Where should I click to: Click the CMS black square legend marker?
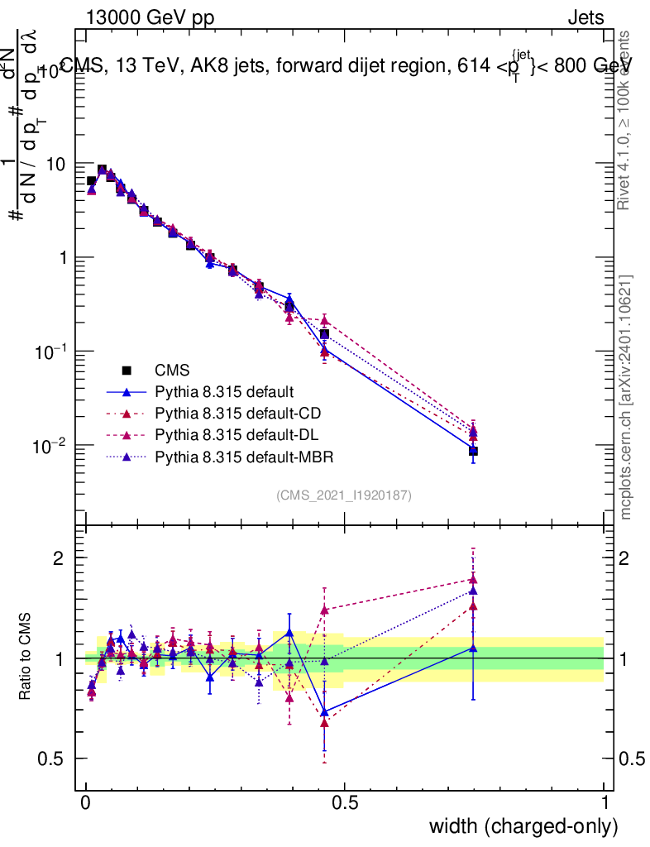[127, 370]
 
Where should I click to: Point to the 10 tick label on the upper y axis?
[55, 165]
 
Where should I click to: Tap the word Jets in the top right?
[585, 18]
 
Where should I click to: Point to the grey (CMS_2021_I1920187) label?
[344, 495]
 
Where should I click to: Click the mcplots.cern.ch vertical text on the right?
[627, 396]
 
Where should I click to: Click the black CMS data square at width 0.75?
[473, 451]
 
